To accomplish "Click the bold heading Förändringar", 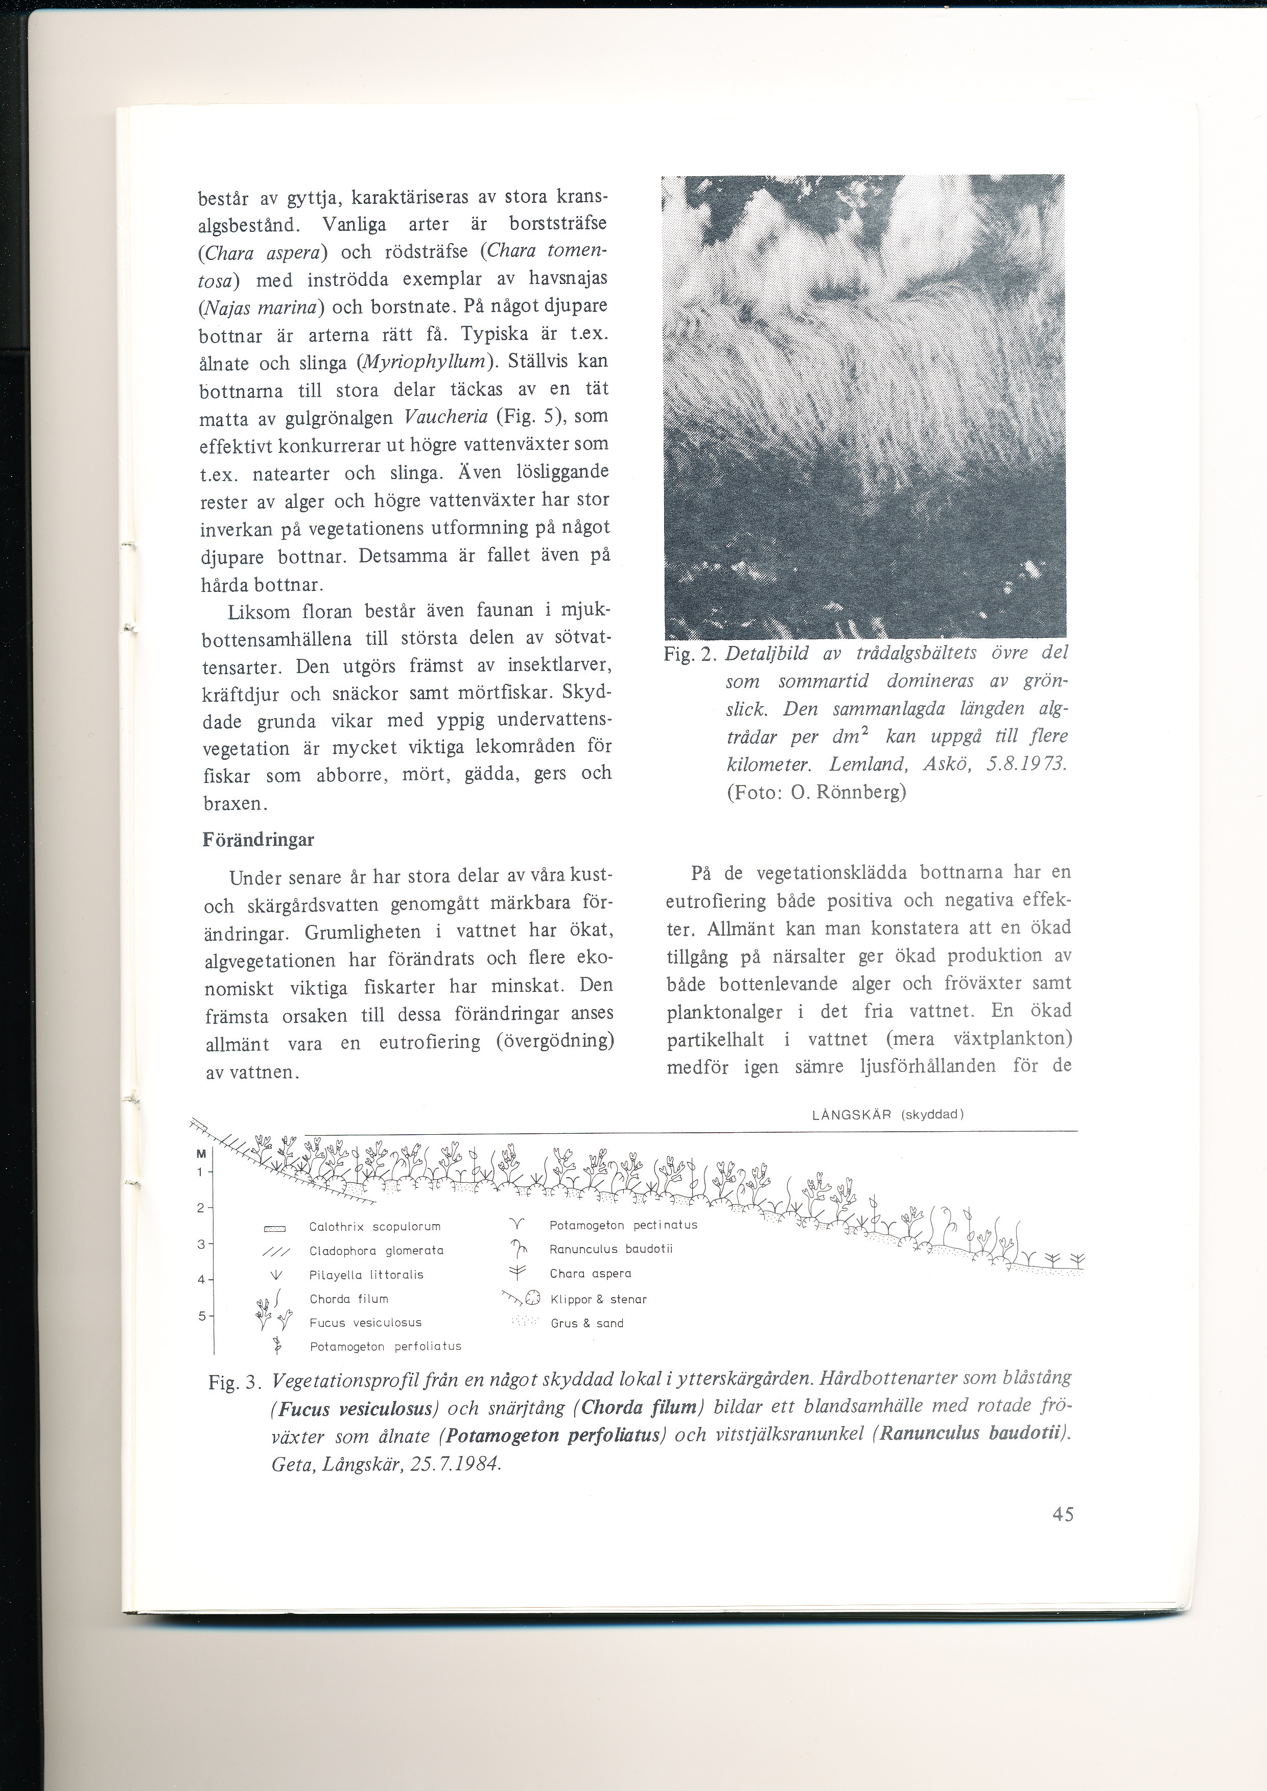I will (258, 840).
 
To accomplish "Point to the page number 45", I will (1063, 1536).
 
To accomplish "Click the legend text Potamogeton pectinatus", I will (623, 1226).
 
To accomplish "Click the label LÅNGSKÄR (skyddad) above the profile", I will (888, 1115).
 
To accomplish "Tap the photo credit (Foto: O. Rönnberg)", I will (816, 793).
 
